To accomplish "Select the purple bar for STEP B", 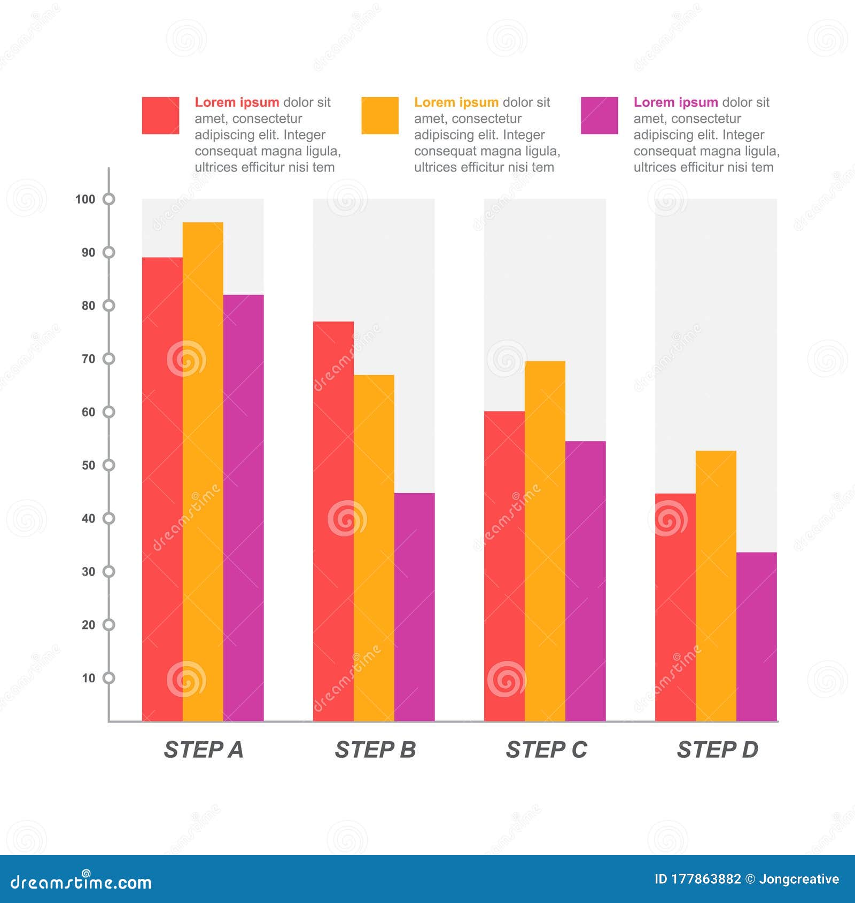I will coord(414,607).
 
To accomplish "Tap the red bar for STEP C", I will coord(504,566).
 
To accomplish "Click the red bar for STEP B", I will coord(333,521).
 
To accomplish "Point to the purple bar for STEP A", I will coord(243,508).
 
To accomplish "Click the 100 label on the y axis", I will coord(85,199).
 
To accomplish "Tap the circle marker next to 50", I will coord(109,465).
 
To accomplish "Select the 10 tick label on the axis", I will coord(88,678).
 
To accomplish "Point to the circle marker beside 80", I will coord(109,306).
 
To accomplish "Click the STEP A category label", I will coord(203,750).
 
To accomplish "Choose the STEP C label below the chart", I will coord(546,750).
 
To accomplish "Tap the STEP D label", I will coord(717,750).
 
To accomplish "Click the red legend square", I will coord(160,115).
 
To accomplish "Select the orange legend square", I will coord(380,115).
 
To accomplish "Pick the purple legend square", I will coord(599,115).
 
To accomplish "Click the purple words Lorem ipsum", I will coord(675,102).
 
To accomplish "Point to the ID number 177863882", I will coord(705,879).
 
